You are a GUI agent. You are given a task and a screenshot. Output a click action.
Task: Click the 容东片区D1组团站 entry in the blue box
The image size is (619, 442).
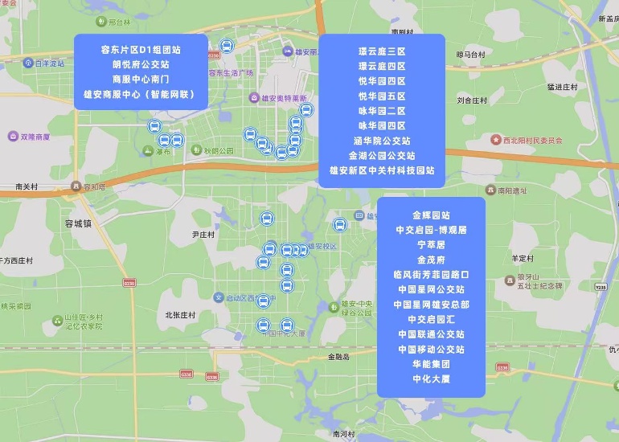pos(141,49)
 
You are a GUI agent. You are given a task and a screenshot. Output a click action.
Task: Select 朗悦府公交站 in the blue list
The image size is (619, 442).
pos(141,64)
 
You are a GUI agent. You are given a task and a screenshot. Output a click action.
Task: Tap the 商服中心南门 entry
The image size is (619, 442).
pos(141,79)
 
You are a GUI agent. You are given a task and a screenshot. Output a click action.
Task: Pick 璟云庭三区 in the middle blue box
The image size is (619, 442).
pos(382,51)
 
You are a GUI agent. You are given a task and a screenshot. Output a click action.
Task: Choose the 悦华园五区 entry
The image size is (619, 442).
pos(382,96)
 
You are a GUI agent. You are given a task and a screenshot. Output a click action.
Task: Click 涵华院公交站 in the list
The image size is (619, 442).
pos(382,141)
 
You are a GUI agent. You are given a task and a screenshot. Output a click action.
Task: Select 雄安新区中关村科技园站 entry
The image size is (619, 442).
pos(382,170)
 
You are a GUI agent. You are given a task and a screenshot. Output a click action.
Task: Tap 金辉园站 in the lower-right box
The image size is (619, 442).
pos(431,215)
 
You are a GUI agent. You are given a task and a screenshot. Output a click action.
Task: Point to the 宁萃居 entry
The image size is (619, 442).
pos(431,245)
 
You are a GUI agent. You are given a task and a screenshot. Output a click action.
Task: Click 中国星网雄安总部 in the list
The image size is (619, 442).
pos(431,305)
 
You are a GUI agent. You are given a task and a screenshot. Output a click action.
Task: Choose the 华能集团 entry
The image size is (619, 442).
pos(431,364)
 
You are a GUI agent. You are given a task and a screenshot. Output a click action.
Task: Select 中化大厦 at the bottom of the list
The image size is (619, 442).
pos(431,379)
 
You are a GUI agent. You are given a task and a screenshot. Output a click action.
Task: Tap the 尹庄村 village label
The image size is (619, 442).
pos(203,235)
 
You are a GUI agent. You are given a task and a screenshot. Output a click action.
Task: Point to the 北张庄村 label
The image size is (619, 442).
pos(180,316)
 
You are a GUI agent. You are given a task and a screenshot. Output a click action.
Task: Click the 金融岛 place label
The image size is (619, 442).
pos(338,357)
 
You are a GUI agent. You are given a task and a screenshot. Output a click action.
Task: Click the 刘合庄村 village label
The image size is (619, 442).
pos(472,101)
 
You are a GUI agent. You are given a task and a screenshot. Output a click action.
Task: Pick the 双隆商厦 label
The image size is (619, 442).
pos(35,137)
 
